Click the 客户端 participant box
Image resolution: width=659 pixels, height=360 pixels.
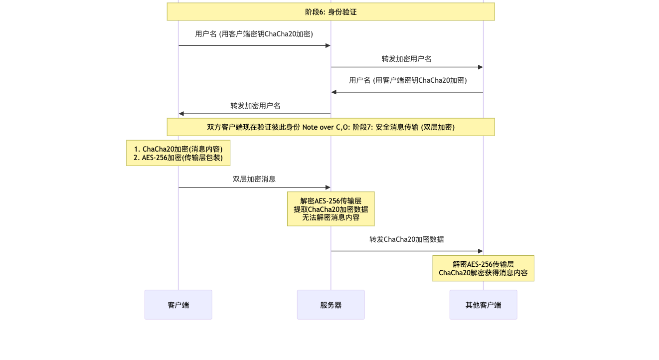[x=178, y=305]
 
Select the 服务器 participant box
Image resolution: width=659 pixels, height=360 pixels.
[x=330, y=305]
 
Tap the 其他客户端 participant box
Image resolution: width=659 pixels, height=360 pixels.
[x=483, y=305]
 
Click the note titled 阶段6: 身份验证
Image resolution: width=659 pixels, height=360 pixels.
[x=330, y=11]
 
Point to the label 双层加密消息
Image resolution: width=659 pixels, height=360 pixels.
[x=254, y=179]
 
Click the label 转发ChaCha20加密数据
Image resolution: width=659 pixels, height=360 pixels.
[x=406, y=239]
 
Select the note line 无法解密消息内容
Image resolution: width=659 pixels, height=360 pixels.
[x=330, y=217]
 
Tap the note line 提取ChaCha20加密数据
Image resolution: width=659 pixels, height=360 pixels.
[x=330, y=209]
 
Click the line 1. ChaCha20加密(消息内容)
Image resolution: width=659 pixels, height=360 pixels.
[x=178, y=149]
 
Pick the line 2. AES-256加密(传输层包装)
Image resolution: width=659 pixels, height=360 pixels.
[x=178, y=158]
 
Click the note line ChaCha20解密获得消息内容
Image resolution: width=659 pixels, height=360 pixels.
[x=483, y=273]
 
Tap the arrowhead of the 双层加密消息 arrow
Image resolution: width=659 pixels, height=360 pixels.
[x=328, y=187]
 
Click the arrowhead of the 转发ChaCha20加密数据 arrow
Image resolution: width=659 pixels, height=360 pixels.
[x=481, y=251]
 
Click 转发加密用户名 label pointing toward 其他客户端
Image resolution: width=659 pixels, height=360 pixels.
[x=406, y=59]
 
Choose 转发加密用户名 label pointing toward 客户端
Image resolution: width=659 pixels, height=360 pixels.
[x=255, y=106]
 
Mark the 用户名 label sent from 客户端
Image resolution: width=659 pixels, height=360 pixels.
[x=254, y=34]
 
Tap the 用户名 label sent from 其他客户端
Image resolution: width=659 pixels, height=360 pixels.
[x=407, y=80]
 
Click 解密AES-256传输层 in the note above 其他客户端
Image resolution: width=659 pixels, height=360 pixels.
[x=483, y=264]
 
